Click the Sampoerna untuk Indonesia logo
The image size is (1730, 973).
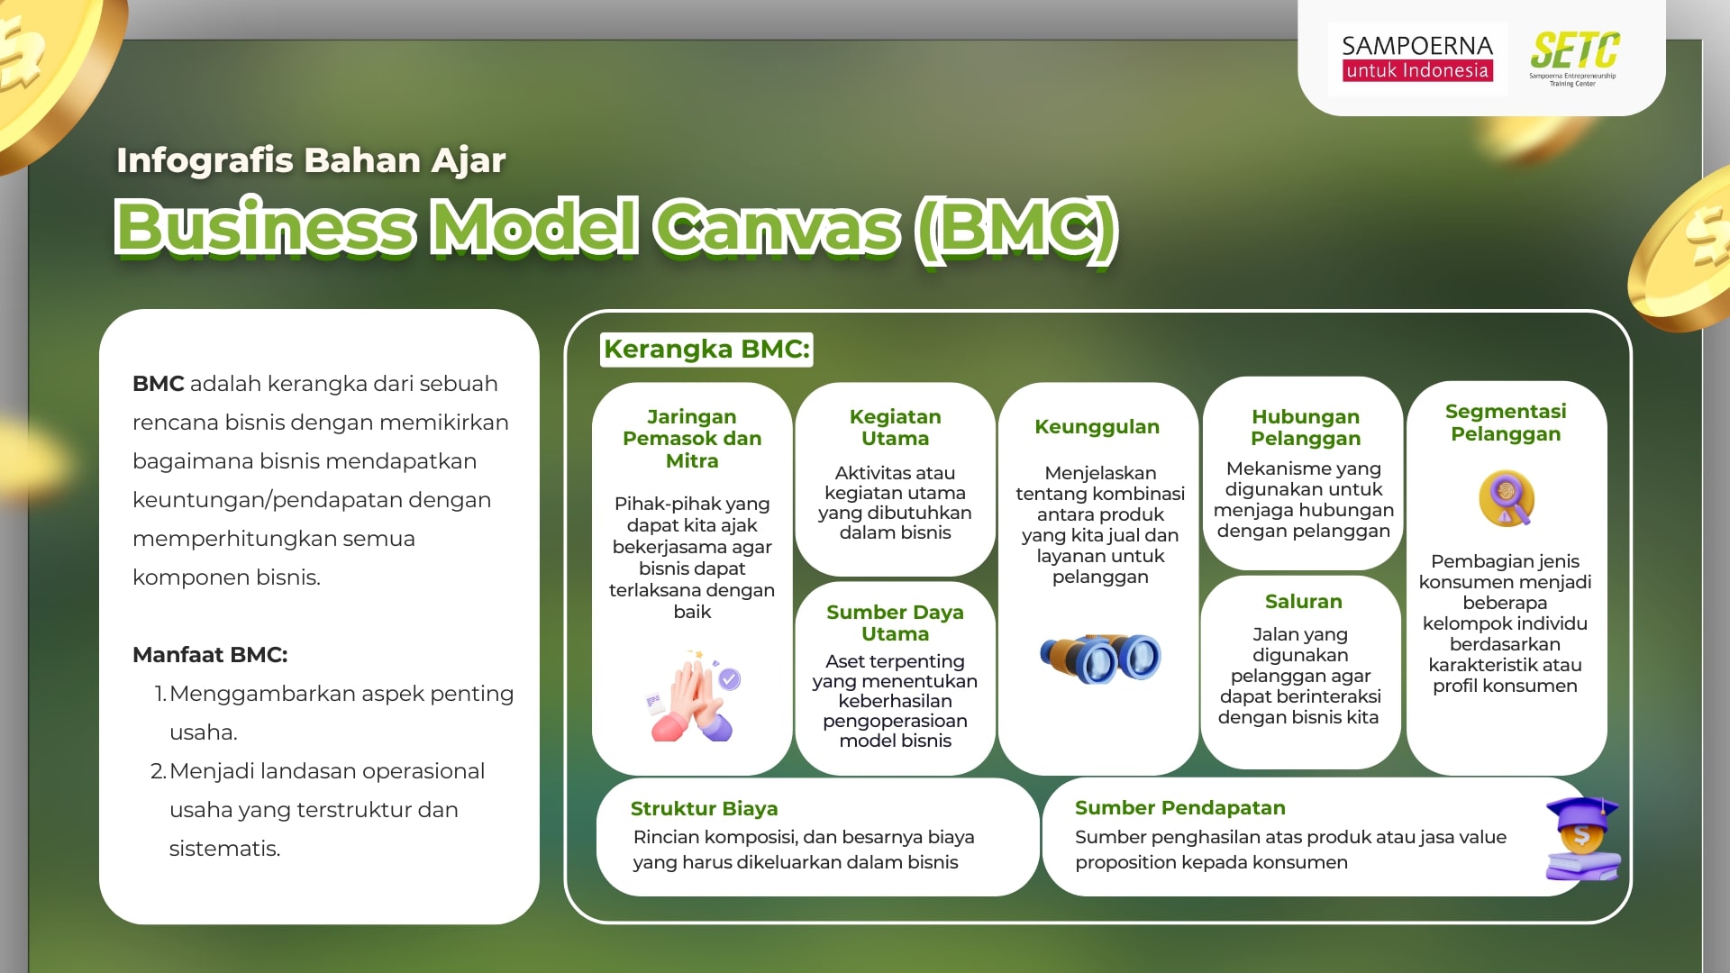[x=1416, y=58]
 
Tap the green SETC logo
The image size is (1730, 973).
[x=1574, y=57]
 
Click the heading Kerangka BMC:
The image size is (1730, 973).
[x=706, y=350]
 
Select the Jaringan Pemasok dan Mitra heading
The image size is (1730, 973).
[x=692, y=439]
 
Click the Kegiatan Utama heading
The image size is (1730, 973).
[x=895, y=428]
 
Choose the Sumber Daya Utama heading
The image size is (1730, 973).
[x=895, y=623]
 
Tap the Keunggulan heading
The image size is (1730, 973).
[x=1097, y=427]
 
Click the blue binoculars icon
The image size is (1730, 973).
[x=1100, y=658]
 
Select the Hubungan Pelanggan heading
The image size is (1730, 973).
[x=1305, y=428]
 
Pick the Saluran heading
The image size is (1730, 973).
[x=1303, y=602]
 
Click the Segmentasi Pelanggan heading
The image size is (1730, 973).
[x=1505, y=423]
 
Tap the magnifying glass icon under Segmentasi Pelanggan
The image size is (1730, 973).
[x=1507, y=498]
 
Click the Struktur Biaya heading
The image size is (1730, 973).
[x=704, y=809]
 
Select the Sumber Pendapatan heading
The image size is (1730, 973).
[x=1179, y=808]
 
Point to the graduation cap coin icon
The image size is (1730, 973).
[x=1581, y=839]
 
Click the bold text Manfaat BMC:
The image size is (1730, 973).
[x=210, y=655]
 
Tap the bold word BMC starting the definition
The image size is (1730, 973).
[x=158, y=384]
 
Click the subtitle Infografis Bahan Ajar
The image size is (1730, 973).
[x=311, y=160]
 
